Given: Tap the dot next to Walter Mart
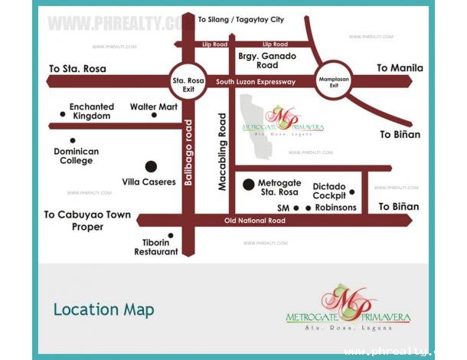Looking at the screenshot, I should (154, 116).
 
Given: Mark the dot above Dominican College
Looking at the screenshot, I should (72, 140).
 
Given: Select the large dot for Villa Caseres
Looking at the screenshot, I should (151, 166).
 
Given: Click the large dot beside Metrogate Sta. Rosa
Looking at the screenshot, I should (248, 184).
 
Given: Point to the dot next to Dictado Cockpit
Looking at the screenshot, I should (351, 192).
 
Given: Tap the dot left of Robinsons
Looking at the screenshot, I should (309, 208).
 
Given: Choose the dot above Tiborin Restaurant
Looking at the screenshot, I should (170, 236).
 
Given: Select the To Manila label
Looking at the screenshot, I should (399, 68).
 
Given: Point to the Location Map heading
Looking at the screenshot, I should (103, 309).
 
